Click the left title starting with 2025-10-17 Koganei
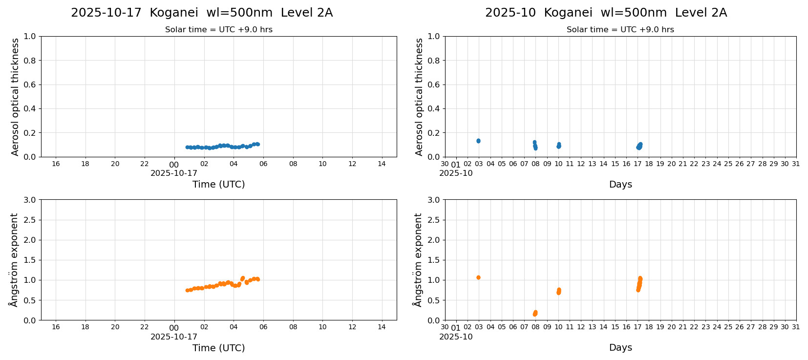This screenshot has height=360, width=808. pos(202,13)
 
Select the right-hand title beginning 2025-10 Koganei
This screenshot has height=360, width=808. pos(606,13)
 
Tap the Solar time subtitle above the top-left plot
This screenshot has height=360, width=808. pos(218,30)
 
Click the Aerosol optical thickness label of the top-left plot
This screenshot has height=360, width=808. pos(15,97)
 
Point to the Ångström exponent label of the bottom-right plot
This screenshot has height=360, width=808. pos(418,260)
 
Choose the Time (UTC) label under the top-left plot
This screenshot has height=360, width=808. pos(218,184)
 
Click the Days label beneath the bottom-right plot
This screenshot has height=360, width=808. pos(620,348)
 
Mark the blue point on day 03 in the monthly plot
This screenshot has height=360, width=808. pos(478,141)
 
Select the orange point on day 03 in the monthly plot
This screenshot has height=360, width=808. pos(478,277)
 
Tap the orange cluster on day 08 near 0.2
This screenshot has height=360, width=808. pos(535,313)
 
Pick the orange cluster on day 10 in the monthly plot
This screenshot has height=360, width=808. pos(559,291)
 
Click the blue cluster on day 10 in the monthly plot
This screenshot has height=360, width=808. pos(559,146)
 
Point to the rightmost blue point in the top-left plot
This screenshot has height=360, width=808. pos(257,144)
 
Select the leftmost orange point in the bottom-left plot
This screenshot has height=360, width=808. pos(187,290)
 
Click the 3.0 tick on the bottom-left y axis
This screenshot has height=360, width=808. pos(30,200)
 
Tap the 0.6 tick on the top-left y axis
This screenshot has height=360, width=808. pos(30,85)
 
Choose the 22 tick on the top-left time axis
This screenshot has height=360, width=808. pos(145,164)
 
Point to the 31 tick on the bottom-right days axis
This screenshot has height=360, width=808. pos(796,327)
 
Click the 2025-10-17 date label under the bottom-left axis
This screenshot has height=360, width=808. pos(174,337)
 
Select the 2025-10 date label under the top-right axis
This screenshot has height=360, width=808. pos(456,173)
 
